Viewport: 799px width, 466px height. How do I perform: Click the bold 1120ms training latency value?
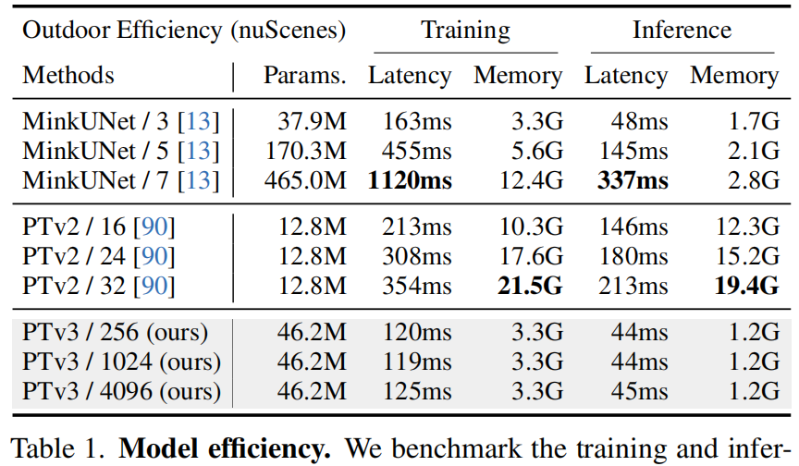tap(410, 179)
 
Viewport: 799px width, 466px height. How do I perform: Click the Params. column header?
tap(304, 76)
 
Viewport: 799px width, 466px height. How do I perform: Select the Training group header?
tap(465, 30)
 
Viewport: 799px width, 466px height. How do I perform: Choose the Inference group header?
tap(682, 30)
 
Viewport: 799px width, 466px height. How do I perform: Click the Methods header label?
tap(68, 76)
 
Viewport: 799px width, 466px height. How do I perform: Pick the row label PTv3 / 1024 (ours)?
tap(122, 362)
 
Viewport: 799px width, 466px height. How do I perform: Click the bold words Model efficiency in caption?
tap(226, 449)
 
